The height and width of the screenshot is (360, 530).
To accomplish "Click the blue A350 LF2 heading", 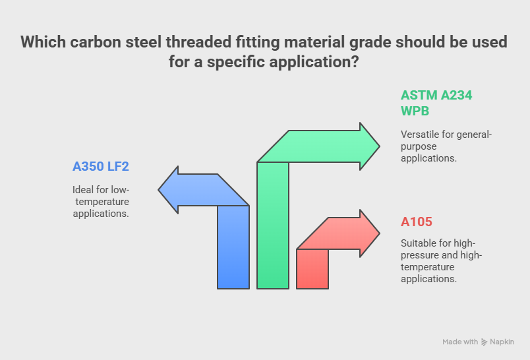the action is [x=101, y=167].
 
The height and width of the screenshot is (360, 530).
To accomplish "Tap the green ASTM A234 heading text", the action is [x=436, y=96].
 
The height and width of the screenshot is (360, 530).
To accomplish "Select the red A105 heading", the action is [x=417, y=222].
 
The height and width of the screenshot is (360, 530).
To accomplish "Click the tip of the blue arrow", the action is [x=158, y=190].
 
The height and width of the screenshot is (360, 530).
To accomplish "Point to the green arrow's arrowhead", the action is [x=368, y=146].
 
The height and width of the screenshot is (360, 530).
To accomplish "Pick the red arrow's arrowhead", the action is [x=368, y=233].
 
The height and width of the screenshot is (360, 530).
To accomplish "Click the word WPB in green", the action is [x=415, y=111].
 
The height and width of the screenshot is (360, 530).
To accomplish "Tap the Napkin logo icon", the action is [x=484, y=342].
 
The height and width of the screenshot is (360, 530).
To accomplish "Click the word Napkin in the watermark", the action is [x=502, y=342].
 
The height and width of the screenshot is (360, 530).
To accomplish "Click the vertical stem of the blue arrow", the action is [x=233, y=247].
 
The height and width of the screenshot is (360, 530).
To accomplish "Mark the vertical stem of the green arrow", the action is [x=273, y=225].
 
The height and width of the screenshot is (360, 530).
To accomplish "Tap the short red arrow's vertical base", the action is [x=312, y=269].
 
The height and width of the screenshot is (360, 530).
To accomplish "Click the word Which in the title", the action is [x=43, y=42].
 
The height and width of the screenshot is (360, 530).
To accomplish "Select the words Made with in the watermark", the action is [x=460, y=342].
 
